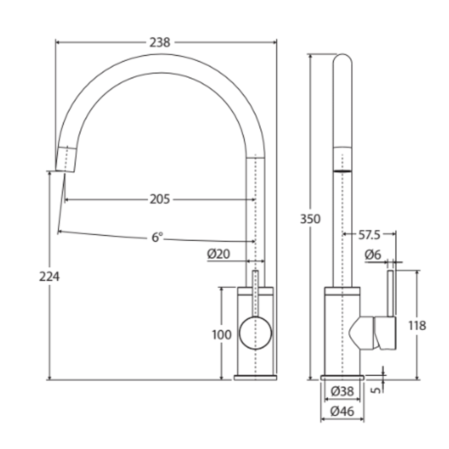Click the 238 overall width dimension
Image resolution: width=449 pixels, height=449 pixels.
click(160, 42)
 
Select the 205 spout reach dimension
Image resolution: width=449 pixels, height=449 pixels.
click(160, 200)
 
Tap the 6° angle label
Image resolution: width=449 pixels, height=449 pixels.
click(157, 238)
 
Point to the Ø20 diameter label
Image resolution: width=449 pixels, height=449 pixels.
click(219, 254)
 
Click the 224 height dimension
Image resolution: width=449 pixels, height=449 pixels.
click(49, 276)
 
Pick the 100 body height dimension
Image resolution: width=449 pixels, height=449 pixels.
click(222, 335)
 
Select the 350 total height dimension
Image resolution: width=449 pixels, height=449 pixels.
click(310, 219)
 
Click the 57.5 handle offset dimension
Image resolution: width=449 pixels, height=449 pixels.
click(369, 235)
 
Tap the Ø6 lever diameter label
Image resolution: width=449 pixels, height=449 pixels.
click(373, 255)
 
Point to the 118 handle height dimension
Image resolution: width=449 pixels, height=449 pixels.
click(417, 326)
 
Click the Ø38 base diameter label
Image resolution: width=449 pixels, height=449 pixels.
click(342, 391)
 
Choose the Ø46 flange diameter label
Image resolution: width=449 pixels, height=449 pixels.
click(342, 412)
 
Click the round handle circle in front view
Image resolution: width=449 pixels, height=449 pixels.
click(255, 333)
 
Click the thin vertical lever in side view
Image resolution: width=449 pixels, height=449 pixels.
click(391, 293)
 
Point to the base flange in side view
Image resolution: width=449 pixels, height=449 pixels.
click(342, 377)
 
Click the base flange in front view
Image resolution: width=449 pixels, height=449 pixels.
click(255, 377)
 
